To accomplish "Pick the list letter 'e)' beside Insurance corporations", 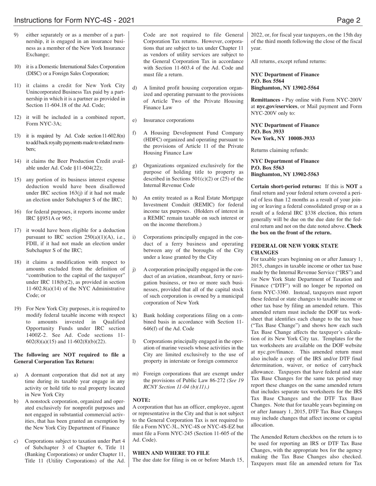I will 135,120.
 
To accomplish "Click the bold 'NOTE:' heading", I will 141,400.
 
